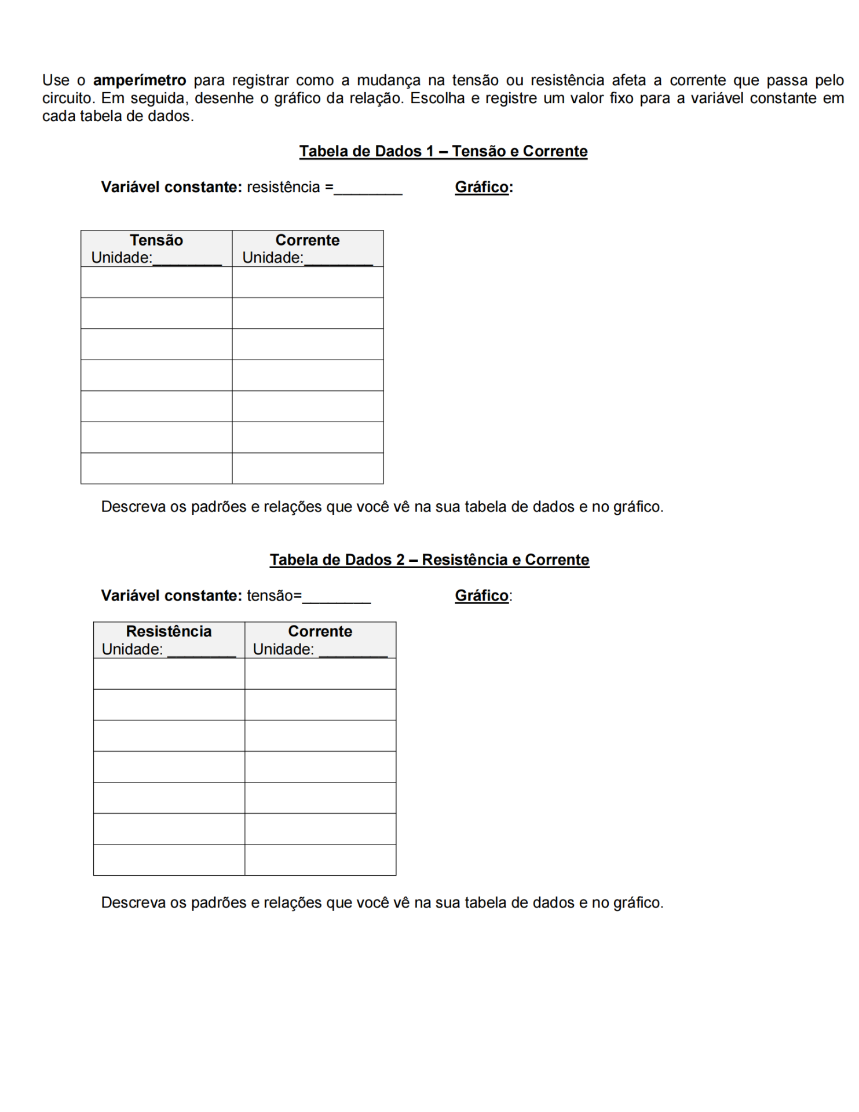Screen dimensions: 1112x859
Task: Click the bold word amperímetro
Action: click(x=140, y=80)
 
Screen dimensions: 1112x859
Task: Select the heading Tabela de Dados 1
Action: click(x=443, y=151)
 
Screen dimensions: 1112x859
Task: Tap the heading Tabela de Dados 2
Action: click(x=429, y=559)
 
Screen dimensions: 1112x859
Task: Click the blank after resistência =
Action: click(x=368, y=189)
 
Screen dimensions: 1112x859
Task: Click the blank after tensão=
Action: click(x=337, y=597)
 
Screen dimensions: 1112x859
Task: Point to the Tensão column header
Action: click(x=156, y=240)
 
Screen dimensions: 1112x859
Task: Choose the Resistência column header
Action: click(x=169, y=631)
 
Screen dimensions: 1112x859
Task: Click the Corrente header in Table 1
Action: click(x=308, y=240)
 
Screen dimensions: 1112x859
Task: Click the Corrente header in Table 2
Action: click(x=320, y=631)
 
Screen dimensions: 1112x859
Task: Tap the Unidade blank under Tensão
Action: click(x=187, y=259)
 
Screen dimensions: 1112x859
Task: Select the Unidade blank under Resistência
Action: click(x=202, y=651)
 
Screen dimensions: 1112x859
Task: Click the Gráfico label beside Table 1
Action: click(x=482, y=187)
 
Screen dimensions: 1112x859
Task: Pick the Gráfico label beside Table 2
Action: click(x=482, y=595)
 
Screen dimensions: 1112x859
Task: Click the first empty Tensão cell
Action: click(x=156, y=282)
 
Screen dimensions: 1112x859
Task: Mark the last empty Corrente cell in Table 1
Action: click(x=308, y=468)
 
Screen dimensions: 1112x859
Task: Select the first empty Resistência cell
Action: click(x=169, y=674)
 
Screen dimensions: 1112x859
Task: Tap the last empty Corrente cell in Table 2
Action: click(x=320, y=859)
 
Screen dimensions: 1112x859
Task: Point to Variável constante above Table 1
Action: click(x=171, y=187)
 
